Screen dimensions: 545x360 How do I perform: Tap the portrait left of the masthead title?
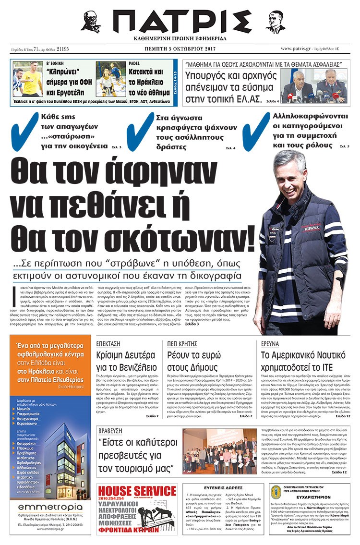91,22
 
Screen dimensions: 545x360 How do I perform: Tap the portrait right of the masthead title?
275,22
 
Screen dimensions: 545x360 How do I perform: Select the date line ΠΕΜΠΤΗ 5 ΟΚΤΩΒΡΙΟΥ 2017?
180,49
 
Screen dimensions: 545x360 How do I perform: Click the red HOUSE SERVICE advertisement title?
137,491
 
